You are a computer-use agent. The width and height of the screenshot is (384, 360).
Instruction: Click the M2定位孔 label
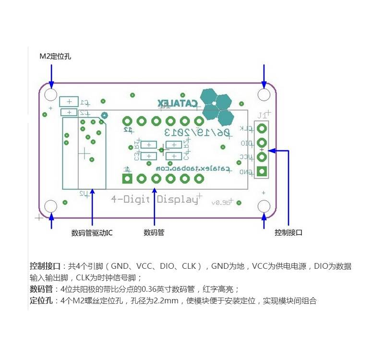coord(55,57)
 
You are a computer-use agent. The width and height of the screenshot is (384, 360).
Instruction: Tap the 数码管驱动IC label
coord(92,233)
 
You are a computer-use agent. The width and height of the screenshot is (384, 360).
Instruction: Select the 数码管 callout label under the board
coord(154,233)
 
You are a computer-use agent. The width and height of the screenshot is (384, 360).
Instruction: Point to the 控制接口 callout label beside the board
coord(288,233)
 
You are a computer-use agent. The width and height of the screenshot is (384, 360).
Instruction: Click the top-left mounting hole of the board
coord(51,94)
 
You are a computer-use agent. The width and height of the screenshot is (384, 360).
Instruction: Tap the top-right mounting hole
coord(264,94)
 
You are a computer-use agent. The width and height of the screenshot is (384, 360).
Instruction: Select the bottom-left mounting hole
coord(51,206)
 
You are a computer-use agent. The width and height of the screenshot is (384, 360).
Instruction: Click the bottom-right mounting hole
coord(264,206)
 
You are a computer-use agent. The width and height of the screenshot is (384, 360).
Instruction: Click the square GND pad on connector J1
coord(262,171)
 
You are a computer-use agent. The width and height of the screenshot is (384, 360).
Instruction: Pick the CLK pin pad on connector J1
coord(262,129)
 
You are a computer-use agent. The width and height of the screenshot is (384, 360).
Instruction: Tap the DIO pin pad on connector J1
coord(262,143)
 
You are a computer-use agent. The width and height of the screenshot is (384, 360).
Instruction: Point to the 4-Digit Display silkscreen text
coord(154,199)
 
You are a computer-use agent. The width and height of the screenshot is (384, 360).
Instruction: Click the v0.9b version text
coord(220,203)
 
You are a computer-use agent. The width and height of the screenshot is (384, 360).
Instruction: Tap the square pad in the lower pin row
coord(127,179)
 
